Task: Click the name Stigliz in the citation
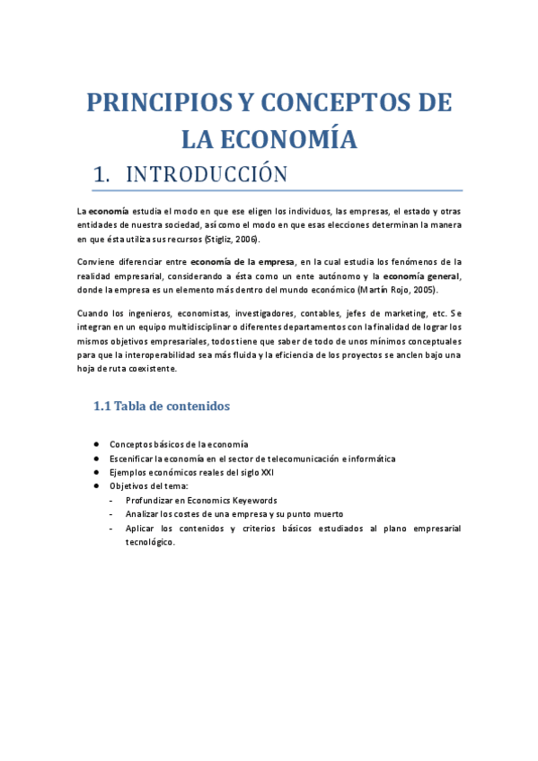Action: point(220,240)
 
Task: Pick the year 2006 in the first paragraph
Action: point(247,240)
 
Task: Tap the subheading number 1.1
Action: point(101,407)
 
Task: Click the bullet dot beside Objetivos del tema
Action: point(95,485)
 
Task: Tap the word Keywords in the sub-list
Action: point(254,500)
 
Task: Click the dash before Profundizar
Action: point(110,500)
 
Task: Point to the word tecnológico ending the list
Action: point(150,542)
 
